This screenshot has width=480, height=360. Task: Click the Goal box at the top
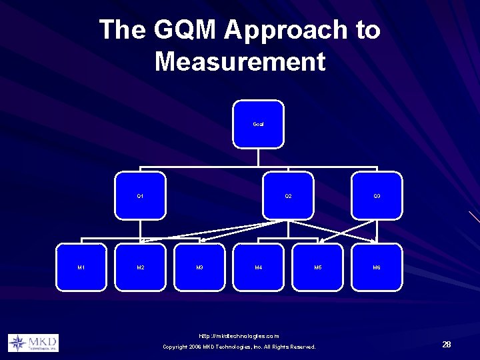pyautogui.click(x=258, y=123)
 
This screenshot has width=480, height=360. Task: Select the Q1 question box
pyautogui.click(x=140, y=196)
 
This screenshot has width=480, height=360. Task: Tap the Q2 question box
pyautogui.click(x=288, y=196)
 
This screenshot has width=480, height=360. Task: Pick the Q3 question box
pyautogui.click(x=377, y=196)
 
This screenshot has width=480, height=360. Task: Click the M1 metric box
pyautogui.click(x=81, y=268)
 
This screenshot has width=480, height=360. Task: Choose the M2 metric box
pyautogui.click(x=140, y=268)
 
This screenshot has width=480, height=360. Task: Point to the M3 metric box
pyautogui.click(x=199, y=268)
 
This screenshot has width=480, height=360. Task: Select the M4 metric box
pyautogui.click(x=259, y=268)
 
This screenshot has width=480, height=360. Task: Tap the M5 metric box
pyautogui.click(x=318, y=268)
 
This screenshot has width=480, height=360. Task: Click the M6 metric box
pyautogui.click(x=377, y=268)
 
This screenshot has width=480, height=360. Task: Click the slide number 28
pyautogui.click(x=446, y=344)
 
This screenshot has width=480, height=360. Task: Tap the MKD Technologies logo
pyautogui.click(x=33, y=343)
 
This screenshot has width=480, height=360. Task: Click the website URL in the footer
pyautogui.click(x=239, y=335)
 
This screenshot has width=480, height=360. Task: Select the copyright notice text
pyautogui.click(x=239, y=347)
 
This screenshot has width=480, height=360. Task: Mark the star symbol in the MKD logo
pyautogui.click(x=17, y=343)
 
